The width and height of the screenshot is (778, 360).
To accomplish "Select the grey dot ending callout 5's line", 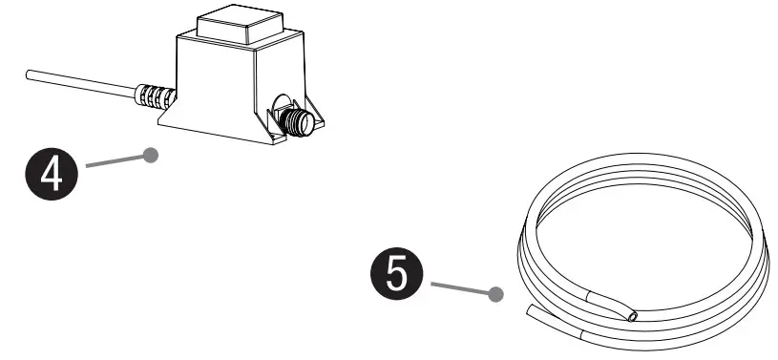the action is [x=494, y=295].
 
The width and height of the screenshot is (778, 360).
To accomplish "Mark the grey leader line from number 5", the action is [x=462, y=289].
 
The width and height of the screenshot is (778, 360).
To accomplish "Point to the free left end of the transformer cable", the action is [x=32, y=73].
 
